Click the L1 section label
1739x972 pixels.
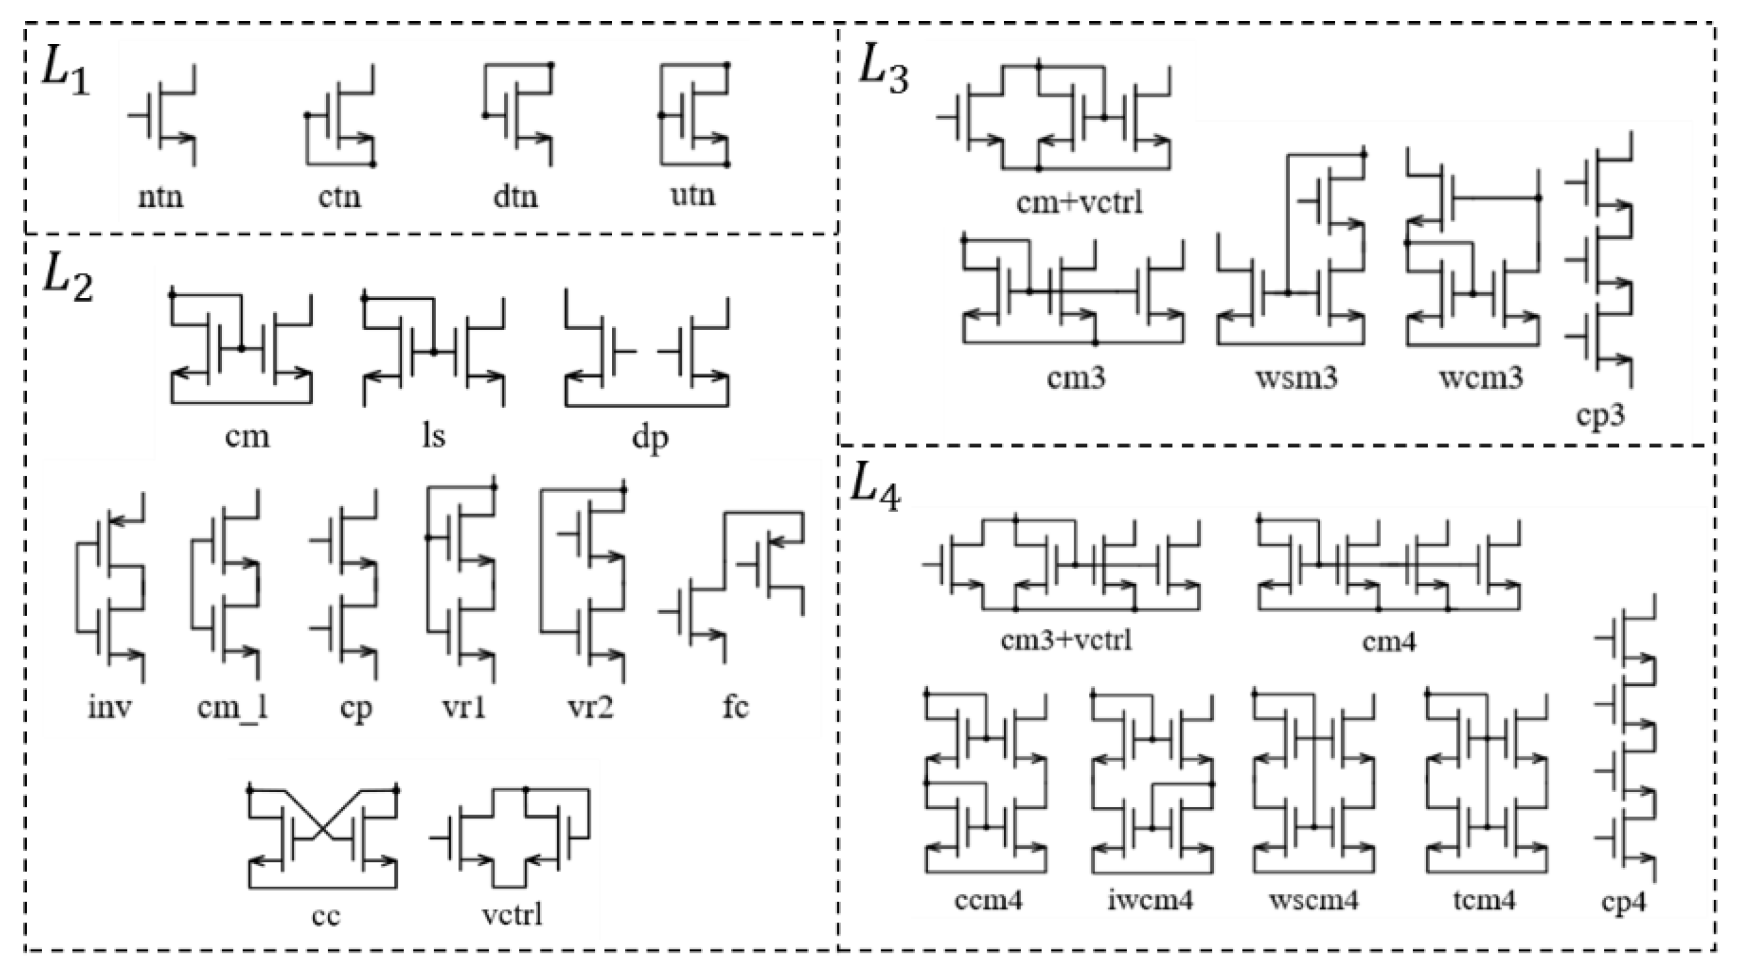(65, 71)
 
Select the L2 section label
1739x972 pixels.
(67, 279)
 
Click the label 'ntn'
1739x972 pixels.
(161, 197)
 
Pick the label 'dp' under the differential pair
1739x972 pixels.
(649, 437)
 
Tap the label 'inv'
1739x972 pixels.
(110, 706)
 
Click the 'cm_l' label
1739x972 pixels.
(233, 707)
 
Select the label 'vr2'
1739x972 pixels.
(590, 707)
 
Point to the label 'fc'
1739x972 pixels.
(735, 706)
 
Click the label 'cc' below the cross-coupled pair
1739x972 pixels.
(325, 915)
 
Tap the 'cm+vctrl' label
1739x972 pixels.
(1079, 202)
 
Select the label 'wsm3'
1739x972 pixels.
(1296, 377)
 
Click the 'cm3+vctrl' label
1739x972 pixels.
(1066, 639)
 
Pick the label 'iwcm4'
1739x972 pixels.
(1150, 900)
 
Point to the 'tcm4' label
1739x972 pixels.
(1484, 900)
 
